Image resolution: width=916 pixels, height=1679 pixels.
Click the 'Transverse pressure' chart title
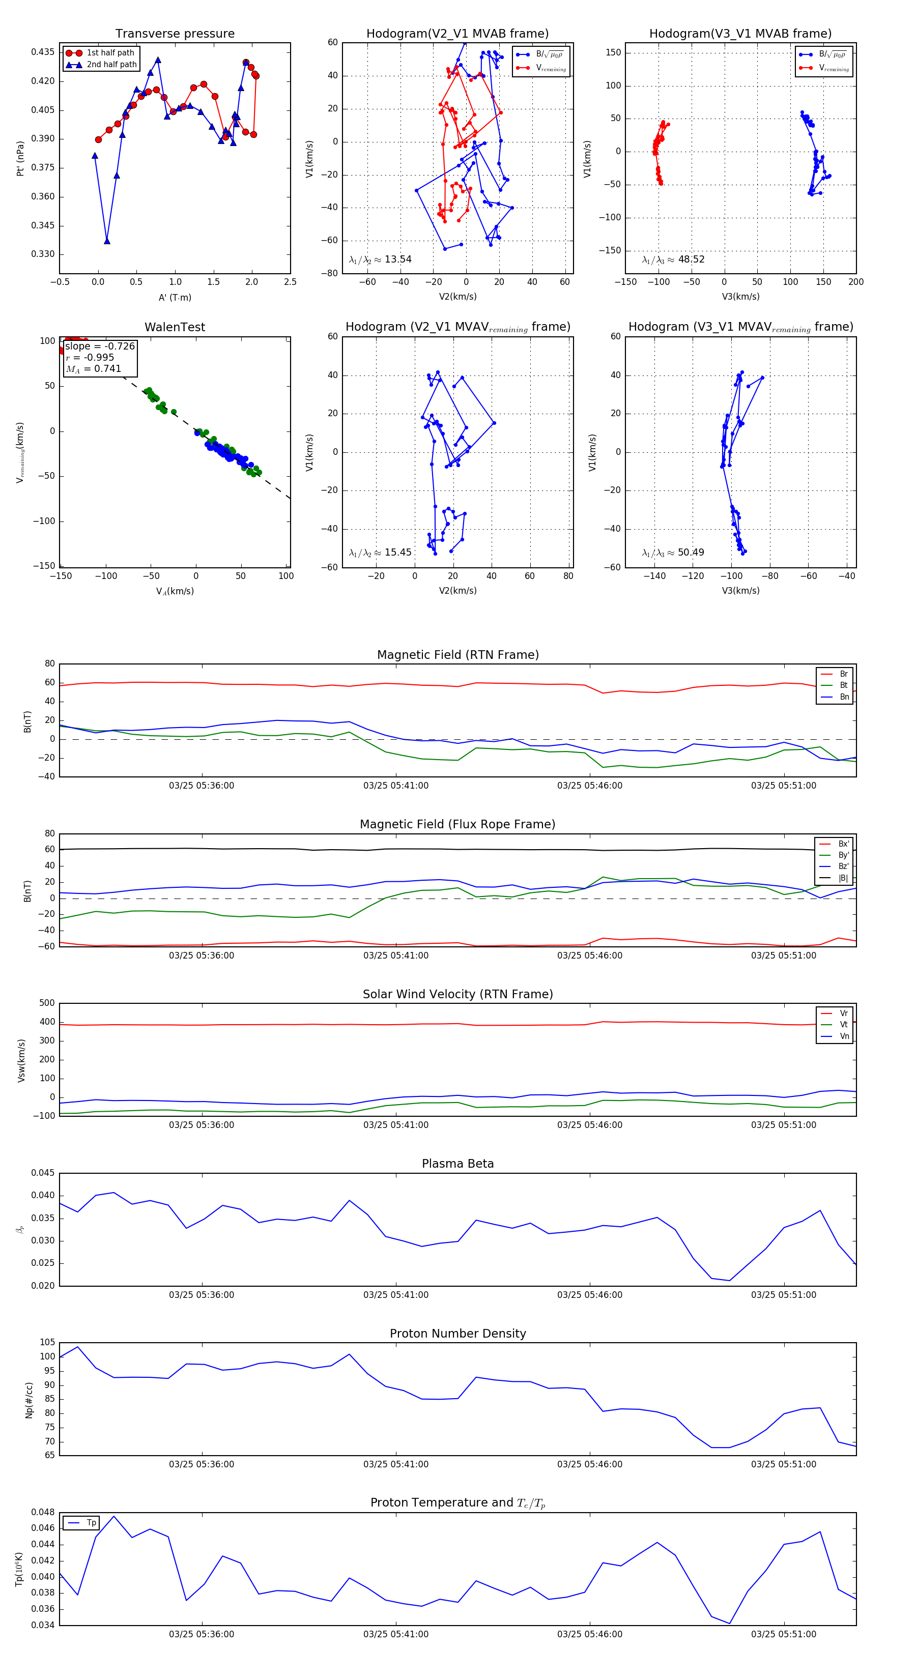click(x=175, y=34)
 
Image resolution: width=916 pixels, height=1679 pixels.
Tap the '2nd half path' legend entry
click(x=111, y=65)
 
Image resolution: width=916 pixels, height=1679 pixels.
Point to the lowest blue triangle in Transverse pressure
click(x=107, y=241)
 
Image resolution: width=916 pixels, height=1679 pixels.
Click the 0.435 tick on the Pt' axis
click(x=43, y=52)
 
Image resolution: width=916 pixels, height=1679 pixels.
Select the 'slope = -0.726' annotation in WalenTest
click(x=100, y=346)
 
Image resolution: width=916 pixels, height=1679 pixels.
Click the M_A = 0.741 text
click(x=93, y=369)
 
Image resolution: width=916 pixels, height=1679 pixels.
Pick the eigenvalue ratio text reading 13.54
click(x=380, y=259)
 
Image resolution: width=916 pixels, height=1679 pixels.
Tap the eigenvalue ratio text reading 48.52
click(x=673, y=259)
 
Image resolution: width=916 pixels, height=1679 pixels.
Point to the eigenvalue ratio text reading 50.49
click(x=673, y=553)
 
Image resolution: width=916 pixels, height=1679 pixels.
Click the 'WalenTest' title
click(x=175, y=327)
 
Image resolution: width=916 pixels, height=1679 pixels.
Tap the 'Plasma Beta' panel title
click(x=457, y=1164)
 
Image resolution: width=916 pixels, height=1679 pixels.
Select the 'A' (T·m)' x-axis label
click(x=175, y=298)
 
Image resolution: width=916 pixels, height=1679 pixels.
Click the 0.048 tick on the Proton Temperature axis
click(x=43, y=1512)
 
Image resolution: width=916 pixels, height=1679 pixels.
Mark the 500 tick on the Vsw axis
click(x=47, y=1003)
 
